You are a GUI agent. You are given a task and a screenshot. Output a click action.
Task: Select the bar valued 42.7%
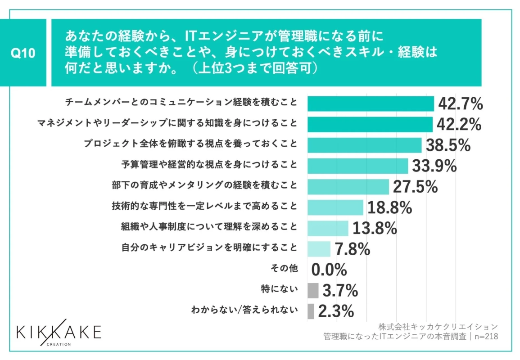point(370,103)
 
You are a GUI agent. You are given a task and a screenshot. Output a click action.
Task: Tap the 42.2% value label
point(459,125)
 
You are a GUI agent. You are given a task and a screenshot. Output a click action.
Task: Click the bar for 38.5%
point(364,145)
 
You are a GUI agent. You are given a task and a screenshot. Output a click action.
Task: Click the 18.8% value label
point(389,207)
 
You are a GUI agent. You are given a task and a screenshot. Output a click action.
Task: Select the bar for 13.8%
point(327,228)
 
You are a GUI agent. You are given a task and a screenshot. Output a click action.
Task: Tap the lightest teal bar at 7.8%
point(319,249)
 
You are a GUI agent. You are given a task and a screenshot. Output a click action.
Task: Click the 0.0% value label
point(329,270)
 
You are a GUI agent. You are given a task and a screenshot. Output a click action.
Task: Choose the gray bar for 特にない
point(312,290)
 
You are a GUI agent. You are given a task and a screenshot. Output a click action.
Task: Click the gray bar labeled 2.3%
point(311,311)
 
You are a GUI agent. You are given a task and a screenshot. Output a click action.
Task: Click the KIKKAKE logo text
point(59,332)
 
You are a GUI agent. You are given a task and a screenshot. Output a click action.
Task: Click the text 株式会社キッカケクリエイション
point(438,326)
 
